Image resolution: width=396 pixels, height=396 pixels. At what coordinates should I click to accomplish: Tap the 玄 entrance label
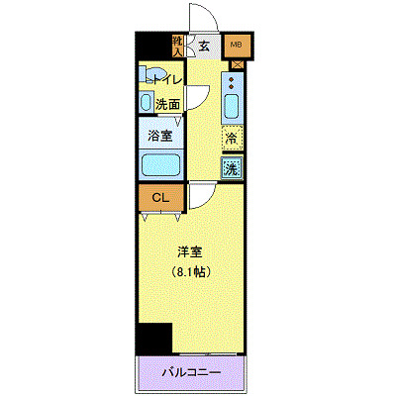pyautogui.click(x=202, y=45)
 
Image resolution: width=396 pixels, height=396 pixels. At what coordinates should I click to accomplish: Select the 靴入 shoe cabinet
pyautogui.click(x=178, y=46)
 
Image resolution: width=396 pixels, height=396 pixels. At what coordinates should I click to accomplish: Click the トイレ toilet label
pyautogui.click(x=164, y=80)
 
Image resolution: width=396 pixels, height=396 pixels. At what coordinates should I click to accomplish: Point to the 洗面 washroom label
pyautogui.click(x=167, y=104)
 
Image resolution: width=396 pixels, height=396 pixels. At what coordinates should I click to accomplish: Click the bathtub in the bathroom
pyautogui.click(x=160, y=164)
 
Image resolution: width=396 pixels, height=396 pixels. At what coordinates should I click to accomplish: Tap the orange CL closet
pyautogui.click(x=159, y=198)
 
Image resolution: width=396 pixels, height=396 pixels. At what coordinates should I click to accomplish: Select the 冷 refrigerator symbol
pyautogui.click(x=233, y=139)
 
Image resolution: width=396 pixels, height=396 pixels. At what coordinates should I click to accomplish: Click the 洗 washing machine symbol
pyautogui.click(x=233, y=168)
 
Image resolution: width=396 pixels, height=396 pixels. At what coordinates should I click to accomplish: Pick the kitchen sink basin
pyautogui.click(x=233, y=106)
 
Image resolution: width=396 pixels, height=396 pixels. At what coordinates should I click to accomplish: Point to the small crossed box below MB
pyautogui.click(x=237, y=65)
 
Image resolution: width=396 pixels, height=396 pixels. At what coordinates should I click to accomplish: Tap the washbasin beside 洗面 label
pyautogui.click(x=146, y=104)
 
